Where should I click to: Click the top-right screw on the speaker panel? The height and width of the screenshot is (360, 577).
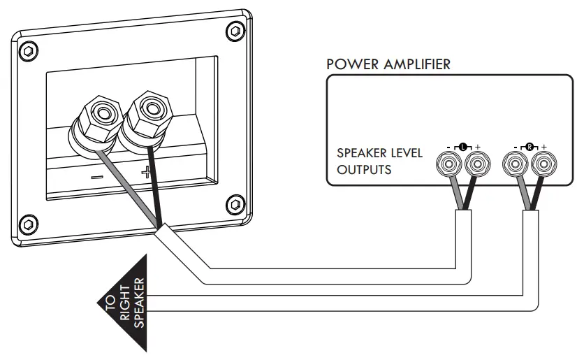[x=233, y=31]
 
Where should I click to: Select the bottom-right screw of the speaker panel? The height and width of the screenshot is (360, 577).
[x=233, y=203]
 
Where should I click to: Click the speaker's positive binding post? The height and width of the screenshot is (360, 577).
[x=149, y=108]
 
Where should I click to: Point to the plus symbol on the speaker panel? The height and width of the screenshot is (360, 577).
[x=145, y=172]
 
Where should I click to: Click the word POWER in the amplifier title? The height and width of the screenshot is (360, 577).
[x=352, y=64]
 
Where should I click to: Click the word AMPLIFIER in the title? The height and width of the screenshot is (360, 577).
[x=416, y=64]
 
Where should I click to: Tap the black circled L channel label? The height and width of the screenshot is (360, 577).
[x=462, y=146]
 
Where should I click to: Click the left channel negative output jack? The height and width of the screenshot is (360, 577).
[x=448, y=165]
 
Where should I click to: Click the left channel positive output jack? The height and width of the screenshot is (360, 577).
[x=476, y=165]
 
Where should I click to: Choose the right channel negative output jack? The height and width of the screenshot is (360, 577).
[x=515, y=165]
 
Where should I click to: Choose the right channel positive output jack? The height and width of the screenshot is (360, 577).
[x=542, y=165]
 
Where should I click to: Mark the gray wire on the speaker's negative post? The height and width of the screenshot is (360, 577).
[x=129, y=189]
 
